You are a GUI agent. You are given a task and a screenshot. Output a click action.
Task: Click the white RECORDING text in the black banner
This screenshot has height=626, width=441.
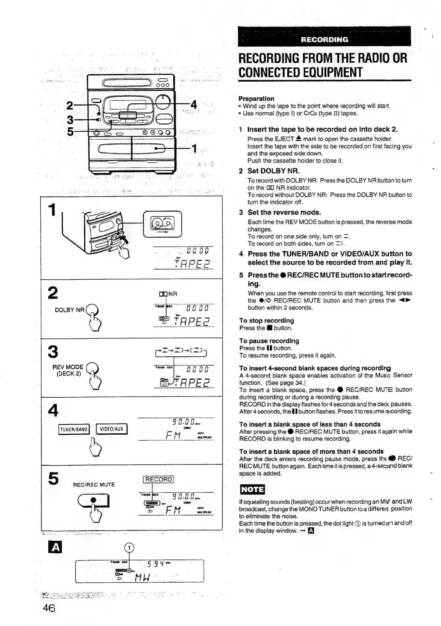point(324,40)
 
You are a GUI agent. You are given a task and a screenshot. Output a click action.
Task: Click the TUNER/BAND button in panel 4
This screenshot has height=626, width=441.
point(74,429)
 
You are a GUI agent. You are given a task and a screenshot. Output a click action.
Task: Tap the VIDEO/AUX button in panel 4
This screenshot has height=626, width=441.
point(112,429)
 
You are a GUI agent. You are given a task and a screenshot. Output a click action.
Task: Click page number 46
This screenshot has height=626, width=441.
point(49,608)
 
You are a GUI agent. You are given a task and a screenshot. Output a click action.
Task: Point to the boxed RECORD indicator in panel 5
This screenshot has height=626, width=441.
point(159,480)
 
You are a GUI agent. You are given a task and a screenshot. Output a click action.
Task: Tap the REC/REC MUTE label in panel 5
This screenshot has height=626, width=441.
point(94,485)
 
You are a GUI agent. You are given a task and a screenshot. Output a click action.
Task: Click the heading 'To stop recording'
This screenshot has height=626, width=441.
point(266,320)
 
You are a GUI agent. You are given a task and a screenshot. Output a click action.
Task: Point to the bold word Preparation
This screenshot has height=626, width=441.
point(256,98)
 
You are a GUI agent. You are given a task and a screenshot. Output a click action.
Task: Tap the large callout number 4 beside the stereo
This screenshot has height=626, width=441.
point(193,104)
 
